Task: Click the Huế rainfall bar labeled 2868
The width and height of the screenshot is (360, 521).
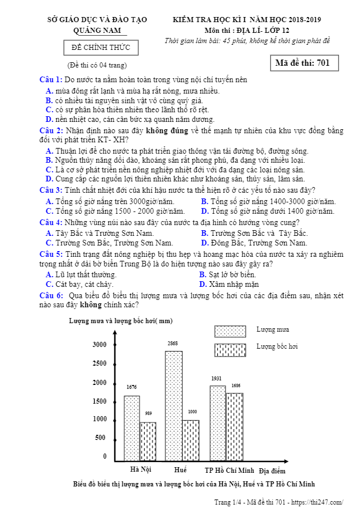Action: (x=174, y=405)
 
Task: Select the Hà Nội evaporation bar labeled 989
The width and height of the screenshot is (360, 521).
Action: (x=148, y=441)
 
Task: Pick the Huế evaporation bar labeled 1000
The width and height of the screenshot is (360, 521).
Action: (x=191, y=440)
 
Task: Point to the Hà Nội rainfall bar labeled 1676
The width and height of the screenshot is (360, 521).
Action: (x=132, y=428)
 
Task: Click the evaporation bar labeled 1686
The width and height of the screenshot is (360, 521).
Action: (x=235, y=426)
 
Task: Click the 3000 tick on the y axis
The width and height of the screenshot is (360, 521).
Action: (x=99, y=345)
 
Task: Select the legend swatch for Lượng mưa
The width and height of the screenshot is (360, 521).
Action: (x=230, y=331)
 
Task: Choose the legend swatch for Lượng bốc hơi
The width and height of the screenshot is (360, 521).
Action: (x=230, y=350)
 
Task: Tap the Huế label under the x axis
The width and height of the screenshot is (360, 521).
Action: (x=181, y=470)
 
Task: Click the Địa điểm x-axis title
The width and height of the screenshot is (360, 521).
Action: (x=272, y=471)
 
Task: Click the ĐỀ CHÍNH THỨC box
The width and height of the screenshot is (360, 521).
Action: (x=101, y=47)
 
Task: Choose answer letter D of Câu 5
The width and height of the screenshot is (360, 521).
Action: (x=203, y=284)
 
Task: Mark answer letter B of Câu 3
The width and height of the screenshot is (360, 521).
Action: (x=204, y=201)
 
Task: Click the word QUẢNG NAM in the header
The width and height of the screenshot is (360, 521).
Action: (x=97, y=30)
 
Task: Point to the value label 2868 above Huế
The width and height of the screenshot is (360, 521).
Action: (x=173, y=344)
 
